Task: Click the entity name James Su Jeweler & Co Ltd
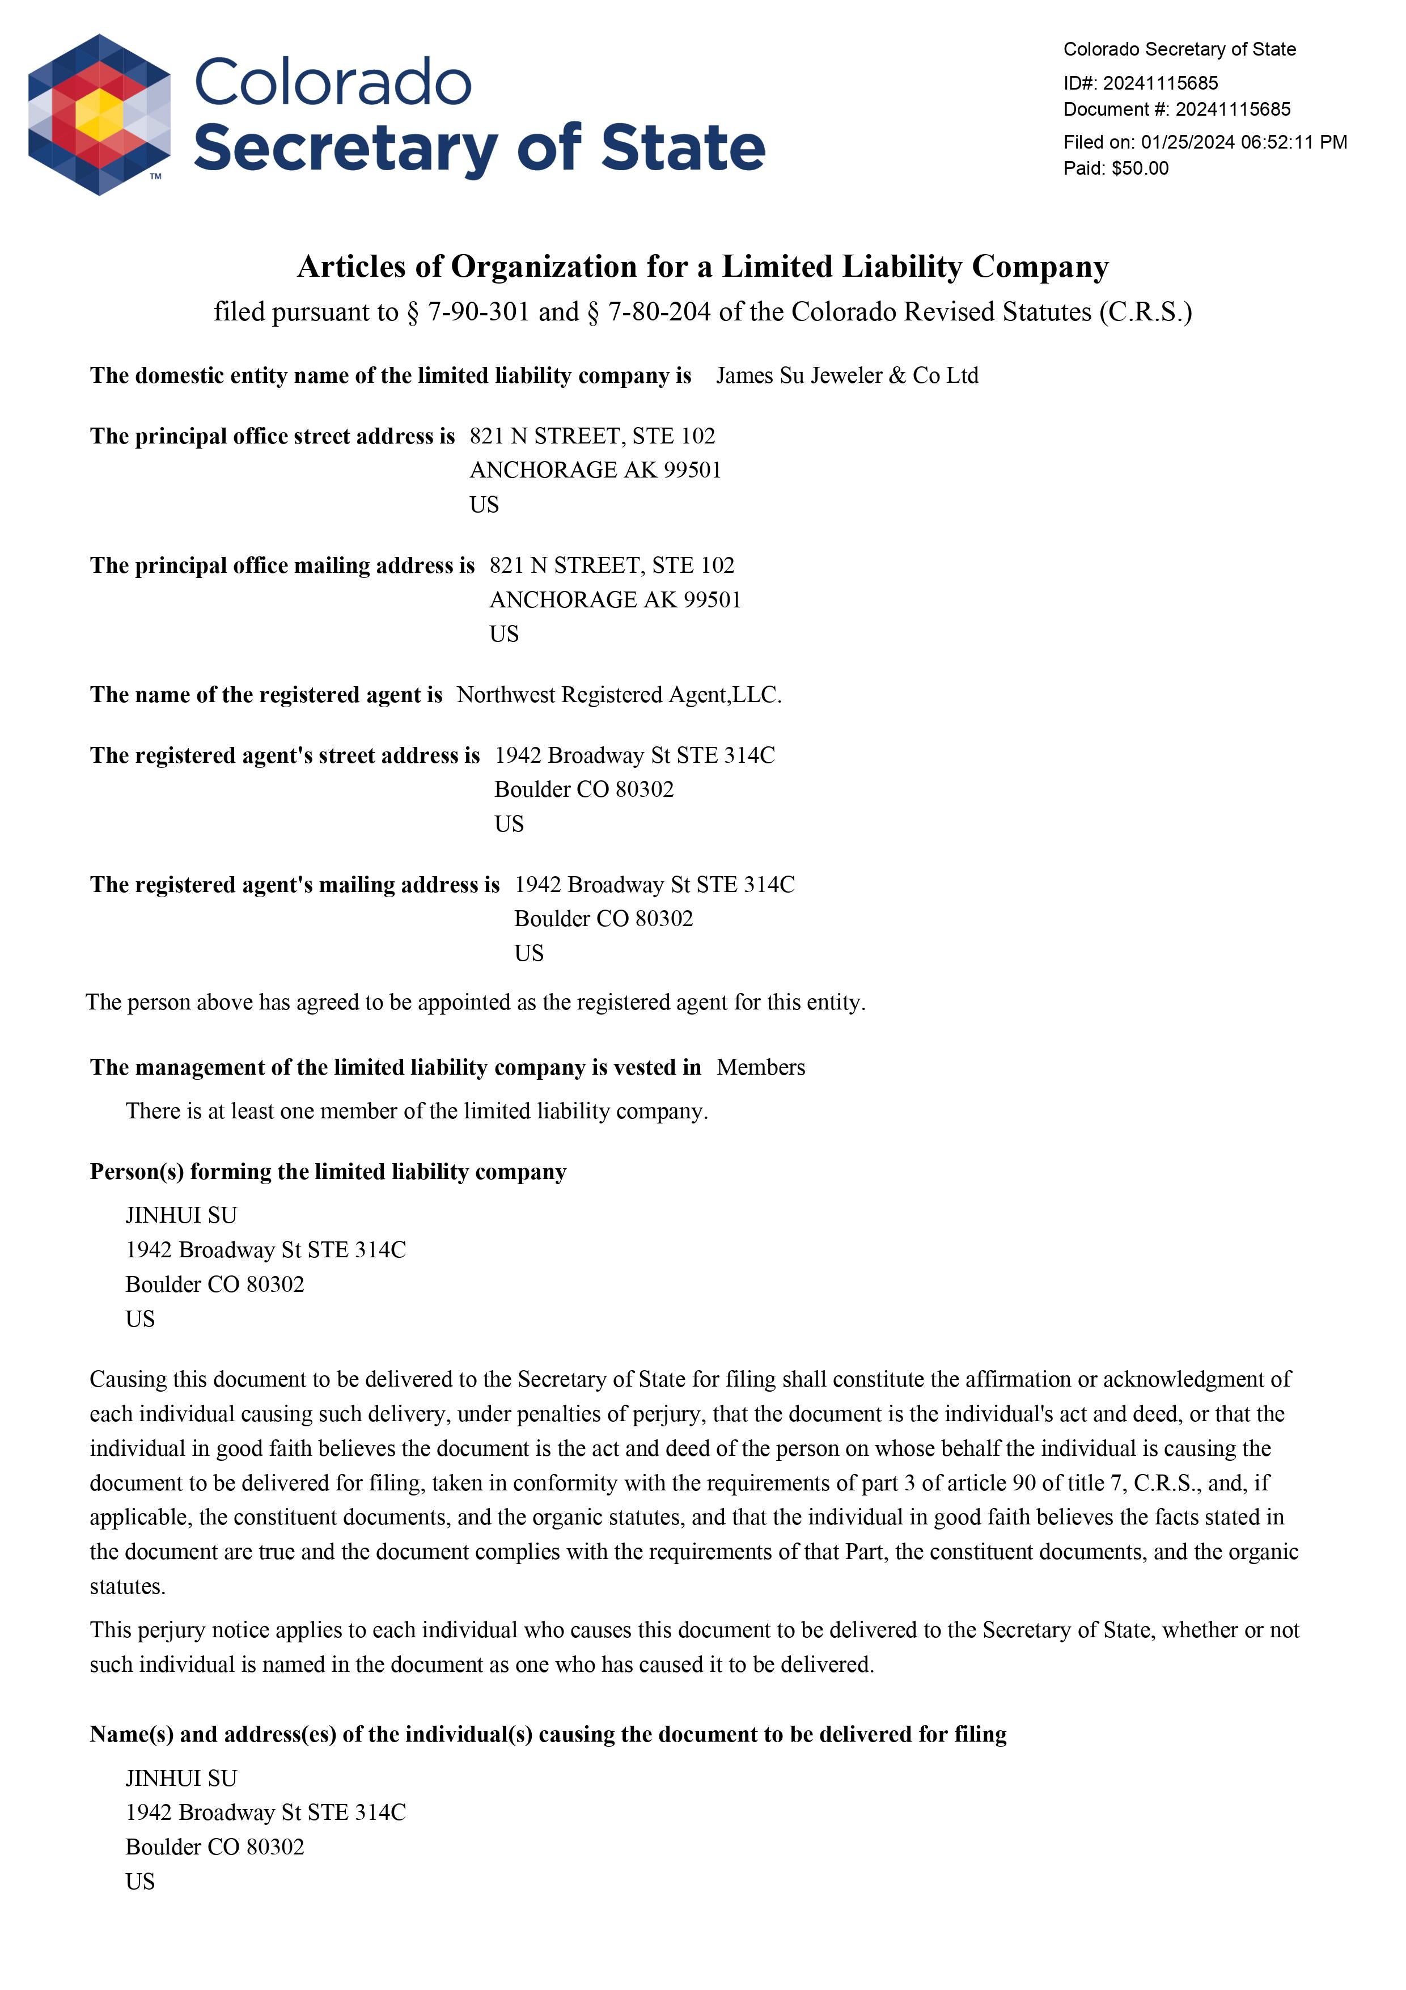pos(846,375)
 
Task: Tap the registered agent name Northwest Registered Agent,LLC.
pos(619,695)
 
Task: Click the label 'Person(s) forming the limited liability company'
pos(328,1172)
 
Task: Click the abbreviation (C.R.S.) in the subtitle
pos(1145,312)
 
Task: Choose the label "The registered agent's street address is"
pos(284,756)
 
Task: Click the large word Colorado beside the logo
pos(333,83)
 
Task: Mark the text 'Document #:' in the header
pos(1116,109)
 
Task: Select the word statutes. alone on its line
pos(128,1586)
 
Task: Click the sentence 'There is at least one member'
pos(416,1111)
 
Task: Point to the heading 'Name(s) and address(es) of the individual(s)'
pos(548,1734)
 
